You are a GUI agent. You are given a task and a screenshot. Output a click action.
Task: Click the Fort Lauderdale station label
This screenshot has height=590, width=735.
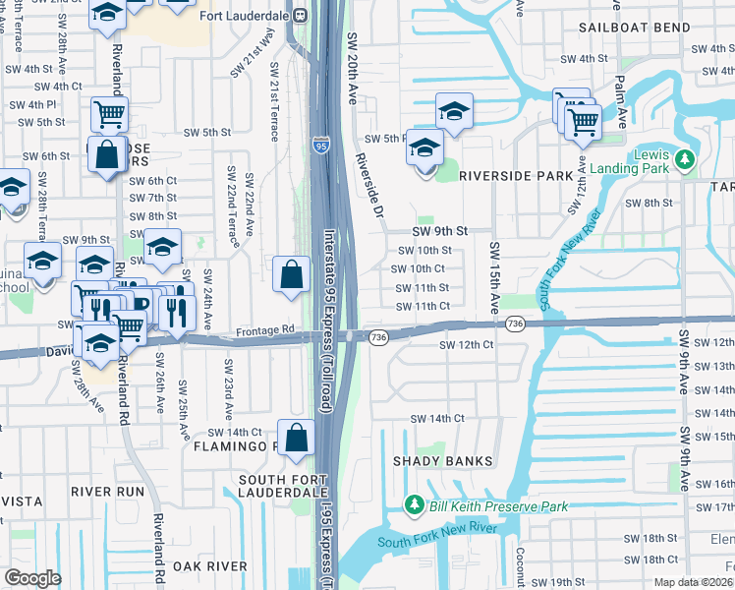(x=244, y=17)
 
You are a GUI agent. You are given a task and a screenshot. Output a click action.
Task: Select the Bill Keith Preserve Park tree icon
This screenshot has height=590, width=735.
(x=416, y=505)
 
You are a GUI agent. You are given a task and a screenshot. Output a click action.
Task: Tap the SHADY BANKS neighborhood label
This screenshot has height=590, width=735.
(x=435, y=460)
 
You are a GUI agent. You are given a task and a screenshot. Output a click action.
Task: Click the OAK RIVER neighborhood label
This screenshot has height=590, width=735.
(x=209, y=565)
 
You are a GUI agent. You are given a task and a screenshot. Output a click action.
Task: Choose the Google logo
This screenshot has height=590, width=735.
(x=32, y=578)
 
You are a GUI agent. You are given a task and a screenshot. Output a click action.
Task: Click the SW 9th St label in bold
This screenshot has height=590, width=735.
(x=437, y=230)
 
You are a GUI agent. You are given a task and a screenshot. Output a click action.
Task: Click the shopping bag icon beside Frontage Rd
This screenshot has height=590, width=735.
(x=292, y=276)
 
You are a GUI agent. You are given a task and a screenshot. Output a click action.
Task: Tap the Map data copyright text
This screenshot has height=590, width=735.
(x=690, y=581)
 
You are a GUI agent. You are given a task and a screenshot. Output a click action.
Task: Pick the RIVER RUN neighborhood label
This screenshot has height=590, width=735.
(x=108, y=490)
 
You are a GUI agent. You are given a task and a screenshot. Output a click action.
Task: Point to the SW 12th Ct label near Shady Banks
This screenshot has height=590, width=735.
(x=466, y=345)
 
